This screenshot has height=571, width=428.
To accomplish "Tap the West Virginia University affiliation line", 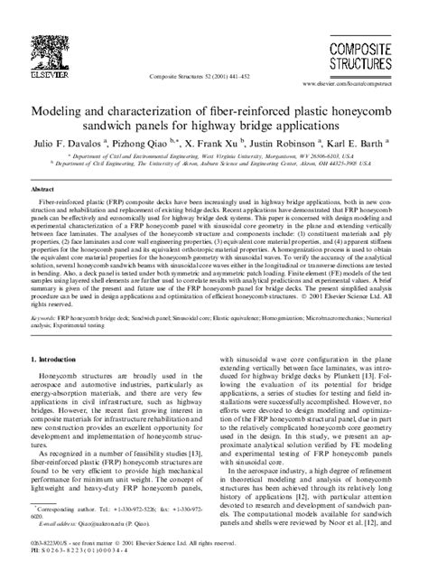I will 213,156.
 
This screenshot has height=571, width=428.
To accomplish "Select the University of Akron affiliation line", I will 213,164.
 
